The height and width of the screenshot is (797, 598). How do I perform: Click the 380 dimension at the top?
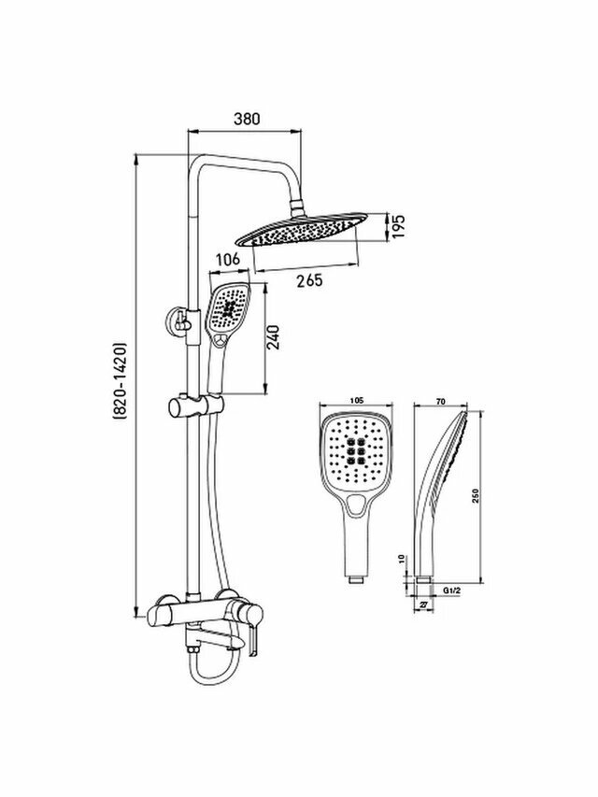click(x=246, y=120)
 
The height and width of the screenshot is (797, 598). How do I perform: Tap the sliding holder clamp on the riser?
click(x=196, y=407)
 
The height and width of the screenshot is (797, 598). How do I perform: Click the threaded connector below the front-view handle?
click(x=355, y=579)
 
